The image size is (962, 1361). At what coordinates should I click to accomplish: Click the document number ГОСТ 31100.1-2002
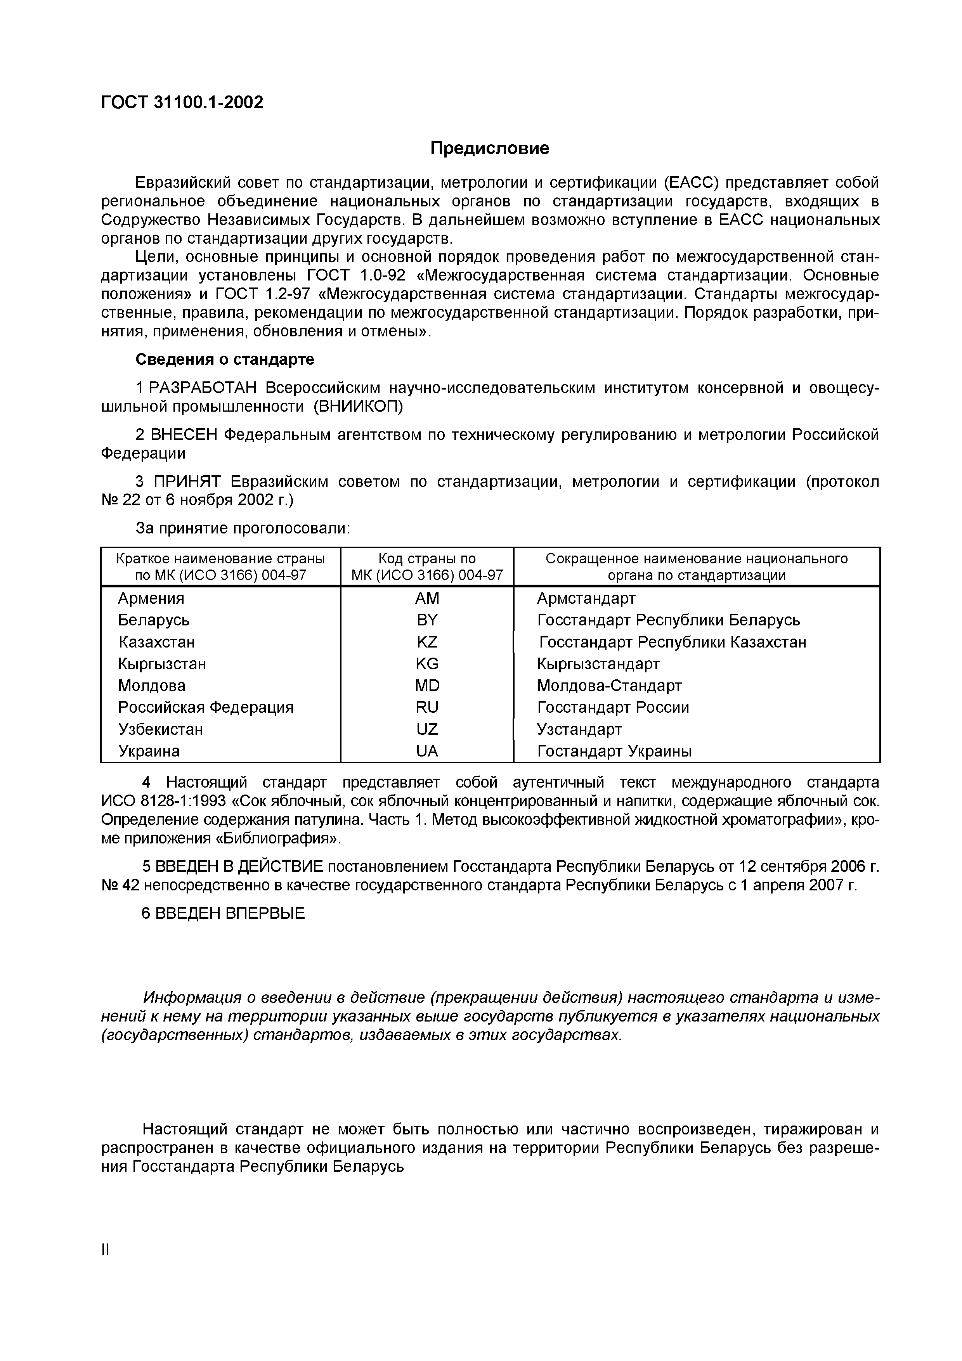[182, 102]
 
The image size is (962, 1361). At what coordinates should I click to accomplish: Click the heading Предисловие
[490, 148]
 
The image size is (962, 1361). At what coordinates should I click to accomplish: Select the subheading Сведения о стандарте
[225, 359]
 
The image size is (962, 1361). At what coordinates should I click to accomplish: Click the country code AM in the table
[427, 598]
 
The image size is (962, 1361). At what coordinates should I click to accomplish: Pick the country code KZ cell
[427, 642]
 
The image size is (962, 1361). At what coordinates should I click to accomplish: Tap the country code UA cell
[427, 751]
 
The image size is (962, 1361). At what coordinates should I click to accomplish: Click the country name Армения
[151, 598]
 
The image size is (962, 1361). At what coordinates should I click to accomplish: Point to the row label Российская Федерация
[206, 707]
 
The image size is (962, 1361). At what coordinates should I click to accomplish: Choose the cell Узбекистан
[161, 729]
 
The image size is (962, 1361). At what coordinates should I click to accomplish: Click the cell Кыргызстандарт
[598, 663]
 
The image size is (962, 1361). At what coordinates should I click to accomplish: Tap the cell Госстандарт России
[613, 707]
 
